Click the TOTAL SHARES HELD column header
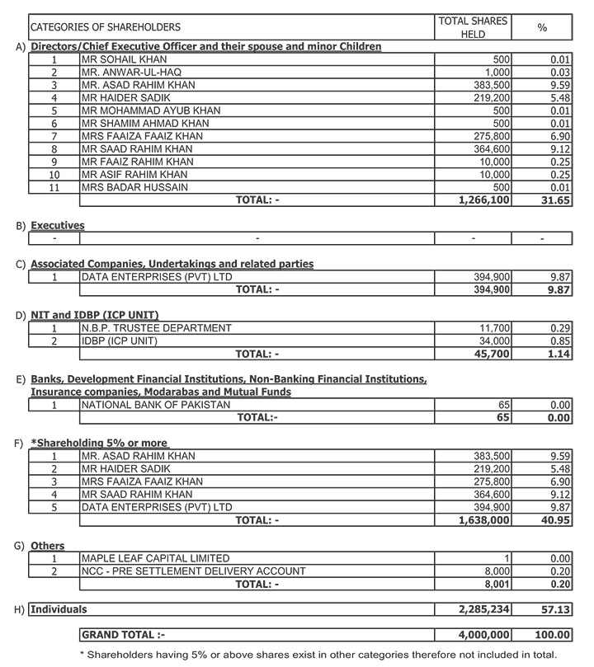473,27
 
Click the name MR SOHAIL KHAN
125,60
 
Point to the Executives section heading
58,225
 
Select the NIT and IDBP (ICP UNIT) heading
95,315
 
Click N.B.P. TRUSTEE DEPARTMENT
156,328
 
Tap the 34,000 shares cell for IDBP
494,341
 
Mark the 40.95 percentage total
553,520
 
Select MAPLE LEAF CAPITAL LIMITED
155,558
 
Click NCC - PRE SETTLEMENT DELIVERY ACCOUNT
193,571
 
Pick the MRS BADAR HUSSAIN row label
134,187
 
